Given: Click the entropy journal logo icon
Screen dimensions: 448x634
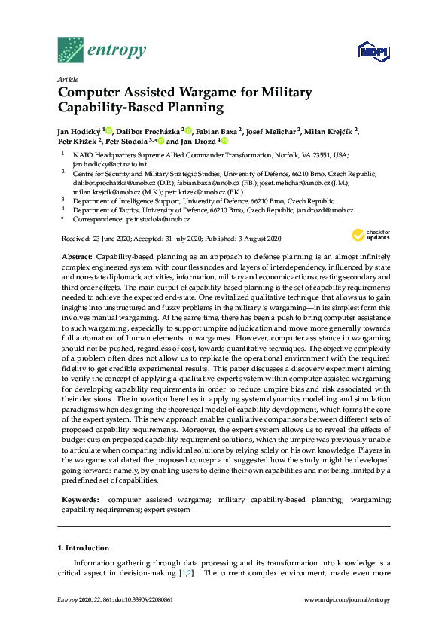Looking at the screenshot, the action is [x=71, y=50].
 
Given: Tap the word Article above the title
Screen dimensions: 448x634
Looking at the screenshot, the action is [x=68, y=79].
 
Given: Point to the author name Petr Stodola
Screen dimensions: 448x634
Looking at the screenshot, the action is [x=126, y=141].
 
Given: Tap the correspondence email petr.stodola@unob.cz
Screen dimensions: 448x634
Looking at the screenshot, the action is [x=158, y=219].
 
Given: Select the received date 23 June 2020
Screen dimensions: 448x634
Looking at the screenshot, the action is [x=113, y=239].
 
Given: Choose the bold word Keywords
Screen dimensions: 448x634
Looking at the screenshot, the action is [x=79, y=499].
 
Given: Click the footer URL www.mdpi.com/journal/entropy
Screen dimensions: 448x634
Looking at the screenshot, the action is [x=346, y=599].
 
